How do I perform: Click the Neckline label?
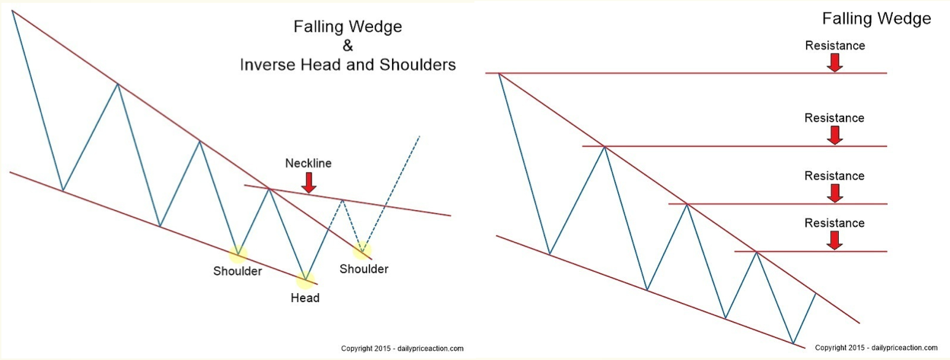point(308,163)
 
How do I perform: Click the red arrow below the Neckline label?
point(309,183)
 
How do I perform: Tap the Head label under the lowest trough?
point(305,298)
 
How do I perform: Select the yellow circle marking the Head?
point(305,279)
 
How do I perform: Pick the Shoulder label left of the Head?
point(237,272)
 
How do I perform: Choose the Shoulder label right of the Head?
point(364,269)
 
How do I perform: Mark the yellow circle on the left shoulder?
point(238,254)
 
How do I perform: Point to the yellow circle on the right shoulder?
point(362,251)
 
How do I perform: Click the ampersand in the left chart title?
point(348,46)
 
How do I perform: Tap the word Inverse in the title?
point(268,65)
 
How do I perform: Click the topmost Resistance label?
point(835,46)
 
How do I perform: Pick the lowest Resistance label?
point(834,223)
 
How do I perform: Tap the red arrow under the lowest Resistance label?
point(834,241)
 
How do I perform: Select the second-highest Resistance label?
point(834,118)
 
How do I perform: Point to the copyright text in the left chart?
point(402,349)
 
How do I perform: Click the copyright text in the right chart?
point(876,348)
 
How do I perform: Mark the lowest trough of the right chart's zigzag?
point(792,343)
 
